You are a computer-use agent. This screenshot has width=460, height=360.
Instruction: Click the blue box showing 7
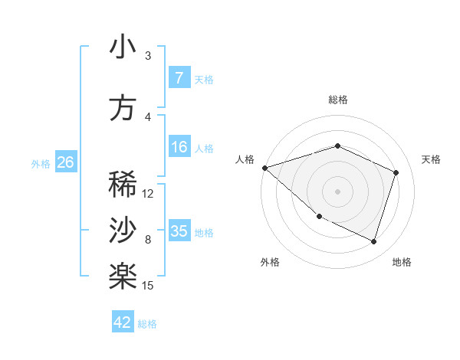pos(179,78)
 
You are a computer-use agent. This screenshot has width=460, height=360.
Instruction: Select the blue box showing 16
pos(179,148)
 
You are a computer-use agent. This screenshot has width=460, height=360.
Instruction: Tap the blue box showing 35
pos(179,231)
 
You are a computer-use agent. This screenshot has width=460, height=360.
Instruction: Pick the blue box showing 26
pos(65,162)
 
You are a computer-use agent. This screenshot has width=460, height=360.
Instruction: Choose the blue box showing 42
pos(123,322)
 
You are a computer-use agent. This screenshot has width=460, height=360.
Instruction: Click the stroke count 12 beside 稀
pos(149,194)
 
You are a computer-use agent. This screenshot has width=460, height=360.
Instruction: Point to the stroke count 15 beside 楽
pos(149,286)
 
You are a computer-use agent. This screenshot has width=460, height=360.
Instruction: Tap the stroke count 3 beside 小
pos(148,56)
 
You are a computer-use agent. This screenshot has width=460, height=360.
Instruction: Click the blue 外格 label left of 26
pos(41,163)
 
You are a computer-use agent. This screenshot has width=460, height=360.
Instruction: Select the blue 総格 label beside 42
pos(148,324)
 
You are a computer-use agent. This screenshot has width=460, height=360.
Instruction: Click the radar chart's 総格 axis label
pos(338,100)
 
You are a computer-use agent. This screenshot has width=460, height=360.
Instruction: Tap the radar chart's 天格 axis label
pos(431,159)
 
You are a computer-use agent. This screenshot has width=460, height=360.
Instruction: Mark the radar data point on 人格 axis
pos(264,168)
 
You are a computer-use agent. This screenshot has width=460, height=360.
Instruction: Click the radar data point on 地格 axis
pos(373,242)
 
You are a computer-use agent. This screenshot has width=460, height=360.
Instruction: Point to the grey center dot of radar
pos(337,191)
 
